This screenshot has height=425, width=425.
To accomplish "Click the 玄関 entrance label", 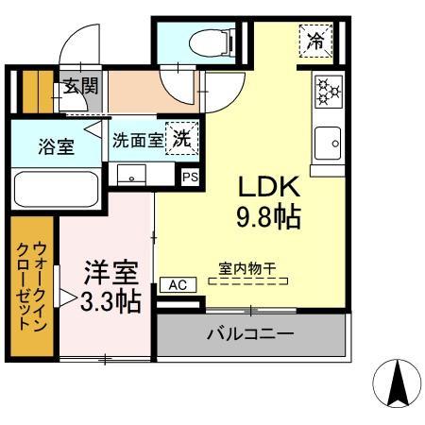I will tap(80, 86).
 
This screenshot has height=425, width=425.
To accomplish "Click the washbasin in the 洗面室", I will tap(131, 175).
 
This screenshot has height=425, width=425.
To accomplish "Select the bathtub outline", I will tap(57, 188).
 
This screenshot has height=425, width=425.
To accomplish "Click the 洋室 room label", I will tap(110, 272).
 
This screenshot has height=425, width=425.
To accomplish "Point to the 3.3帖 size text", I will tap(110, 301).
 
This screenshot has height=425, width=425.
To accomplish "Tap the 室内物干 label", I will tap(249, 268).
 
